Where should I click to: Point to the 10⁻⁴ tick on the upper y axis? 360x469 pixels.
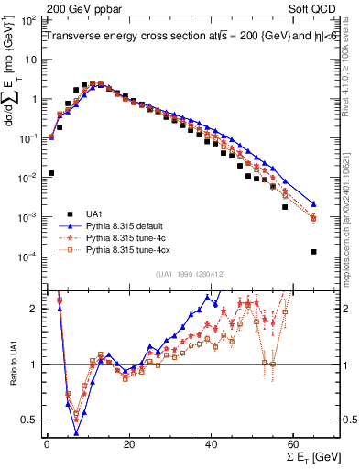(x=27, y=256)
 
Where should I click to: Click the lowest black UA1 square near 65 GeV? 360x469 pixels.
(x=314, y=252)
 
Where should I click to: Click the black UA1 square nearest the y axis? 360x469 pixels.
(x=50, y=172)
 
